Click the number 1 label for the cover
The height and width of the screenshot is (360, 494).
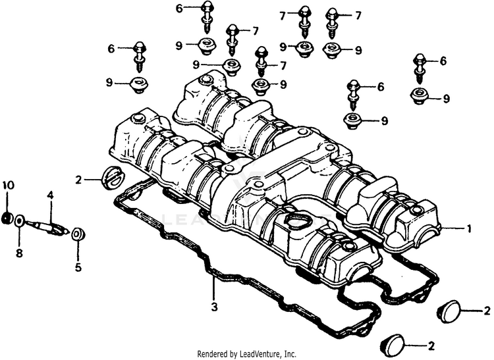click(469, 228)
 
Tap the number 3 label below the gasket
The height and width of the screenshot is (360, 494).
click(214, 307)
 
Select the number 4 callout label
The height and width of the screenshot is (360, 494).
click(50, 195)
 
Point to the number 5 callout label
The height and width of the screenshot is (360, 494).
click(78, 267)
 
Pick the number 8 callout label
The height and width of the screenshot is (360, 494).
click(19, 253)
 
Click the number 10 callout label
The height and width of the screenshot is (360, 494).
click(9, 186)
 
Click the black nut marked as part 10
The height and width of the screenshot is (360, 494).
click(7, 218)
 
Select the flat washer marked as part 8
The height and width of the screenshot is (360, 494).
click(19, 220)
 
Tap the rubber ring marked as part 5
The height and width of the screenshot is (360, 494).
click(78, 235)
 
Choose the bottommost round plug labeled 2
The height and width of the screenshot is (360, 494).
click(393, 346)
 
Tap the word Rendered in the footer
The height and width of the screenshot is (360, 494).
click(210, 353)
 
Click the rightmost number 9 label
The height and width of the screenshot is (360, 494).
click(446, 99)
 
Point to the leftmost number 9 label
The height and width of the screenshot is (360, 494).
click(109, 83)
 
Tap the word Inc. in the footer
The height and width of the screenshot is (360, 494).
click(290, 353)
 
